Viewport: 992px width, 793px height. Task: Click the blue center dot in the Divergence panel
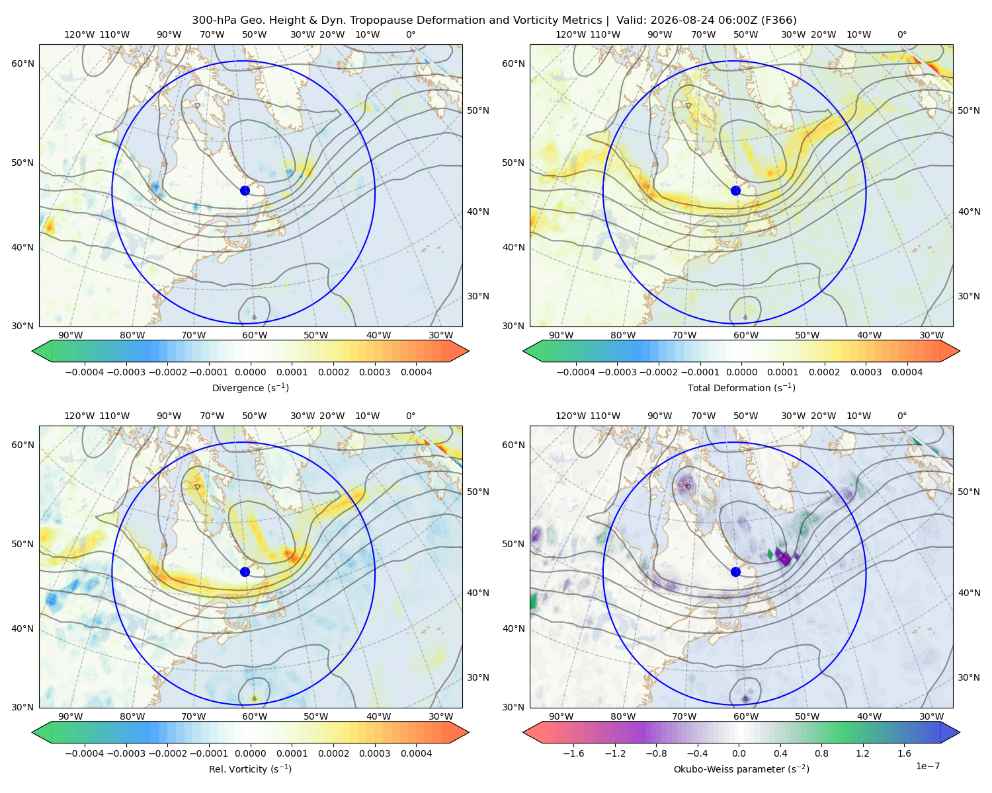click(x=245, y=190)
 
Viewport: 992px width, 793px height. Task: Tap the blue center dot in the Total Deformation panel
click(x=735, y=190)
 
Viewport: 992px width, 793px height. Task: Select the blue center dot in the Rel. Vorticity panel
click(x=245, y=572)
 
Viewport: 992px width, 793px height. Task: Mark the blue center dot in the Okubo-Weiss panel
click(x=735, y=572)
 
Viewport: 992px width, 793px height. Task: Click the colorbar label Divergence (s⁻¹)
click(x=250, y=387)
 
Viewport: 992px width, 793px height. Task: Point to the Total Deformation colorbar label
click(x=741, y=387)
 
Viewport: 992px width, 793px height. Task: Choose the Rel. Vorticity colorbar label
click(x=250, y=769)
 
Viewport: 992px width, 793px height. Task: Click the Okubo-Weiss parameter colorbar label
click(x=741, y=769)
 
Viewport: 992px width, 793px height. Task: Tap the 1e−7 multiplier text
click(x=927, y=766)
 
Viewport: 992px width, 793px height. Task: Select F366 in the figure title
click(x=779, y=20)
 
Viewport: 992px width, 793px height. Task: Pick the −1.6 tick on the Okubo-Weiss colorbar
click(x=573, y=753)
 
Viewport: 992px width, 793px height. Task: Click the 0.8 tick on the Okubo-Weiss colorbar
click(x=821, y=753)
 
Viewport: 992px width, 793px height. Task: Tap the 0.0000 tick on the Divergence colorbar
click(x=250, y=372)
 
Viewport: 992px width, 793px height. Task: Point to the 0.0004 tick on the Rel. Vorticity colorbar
click(x=416, y=753)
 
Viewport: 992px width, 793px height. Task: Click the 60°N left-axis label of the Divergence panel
click(x=22, y=63)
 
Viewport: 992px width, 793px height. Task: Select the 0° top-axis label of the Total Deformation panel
click(x=901, y=34)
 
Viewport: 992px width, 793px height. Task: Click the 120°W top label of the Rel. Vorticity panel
click(x=79, y=416)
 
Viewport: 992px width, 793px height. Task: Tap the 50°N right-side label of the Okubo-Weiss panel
click(x=969, y=492)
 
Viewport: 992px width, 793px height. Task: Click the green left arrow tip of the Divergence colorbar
click(x=32, y=351)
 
